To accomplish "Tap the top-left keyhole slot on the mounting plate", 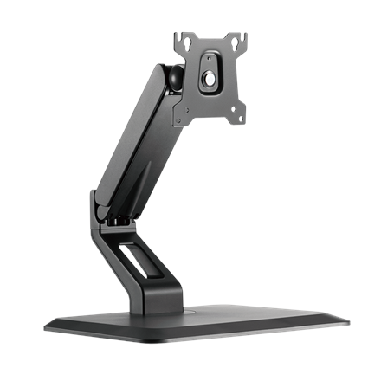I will (x=185, y=41).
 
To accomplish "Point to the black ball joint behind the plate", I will (x=173, y=77).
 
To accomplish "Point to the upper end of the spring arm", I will (x=165, y=78).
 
